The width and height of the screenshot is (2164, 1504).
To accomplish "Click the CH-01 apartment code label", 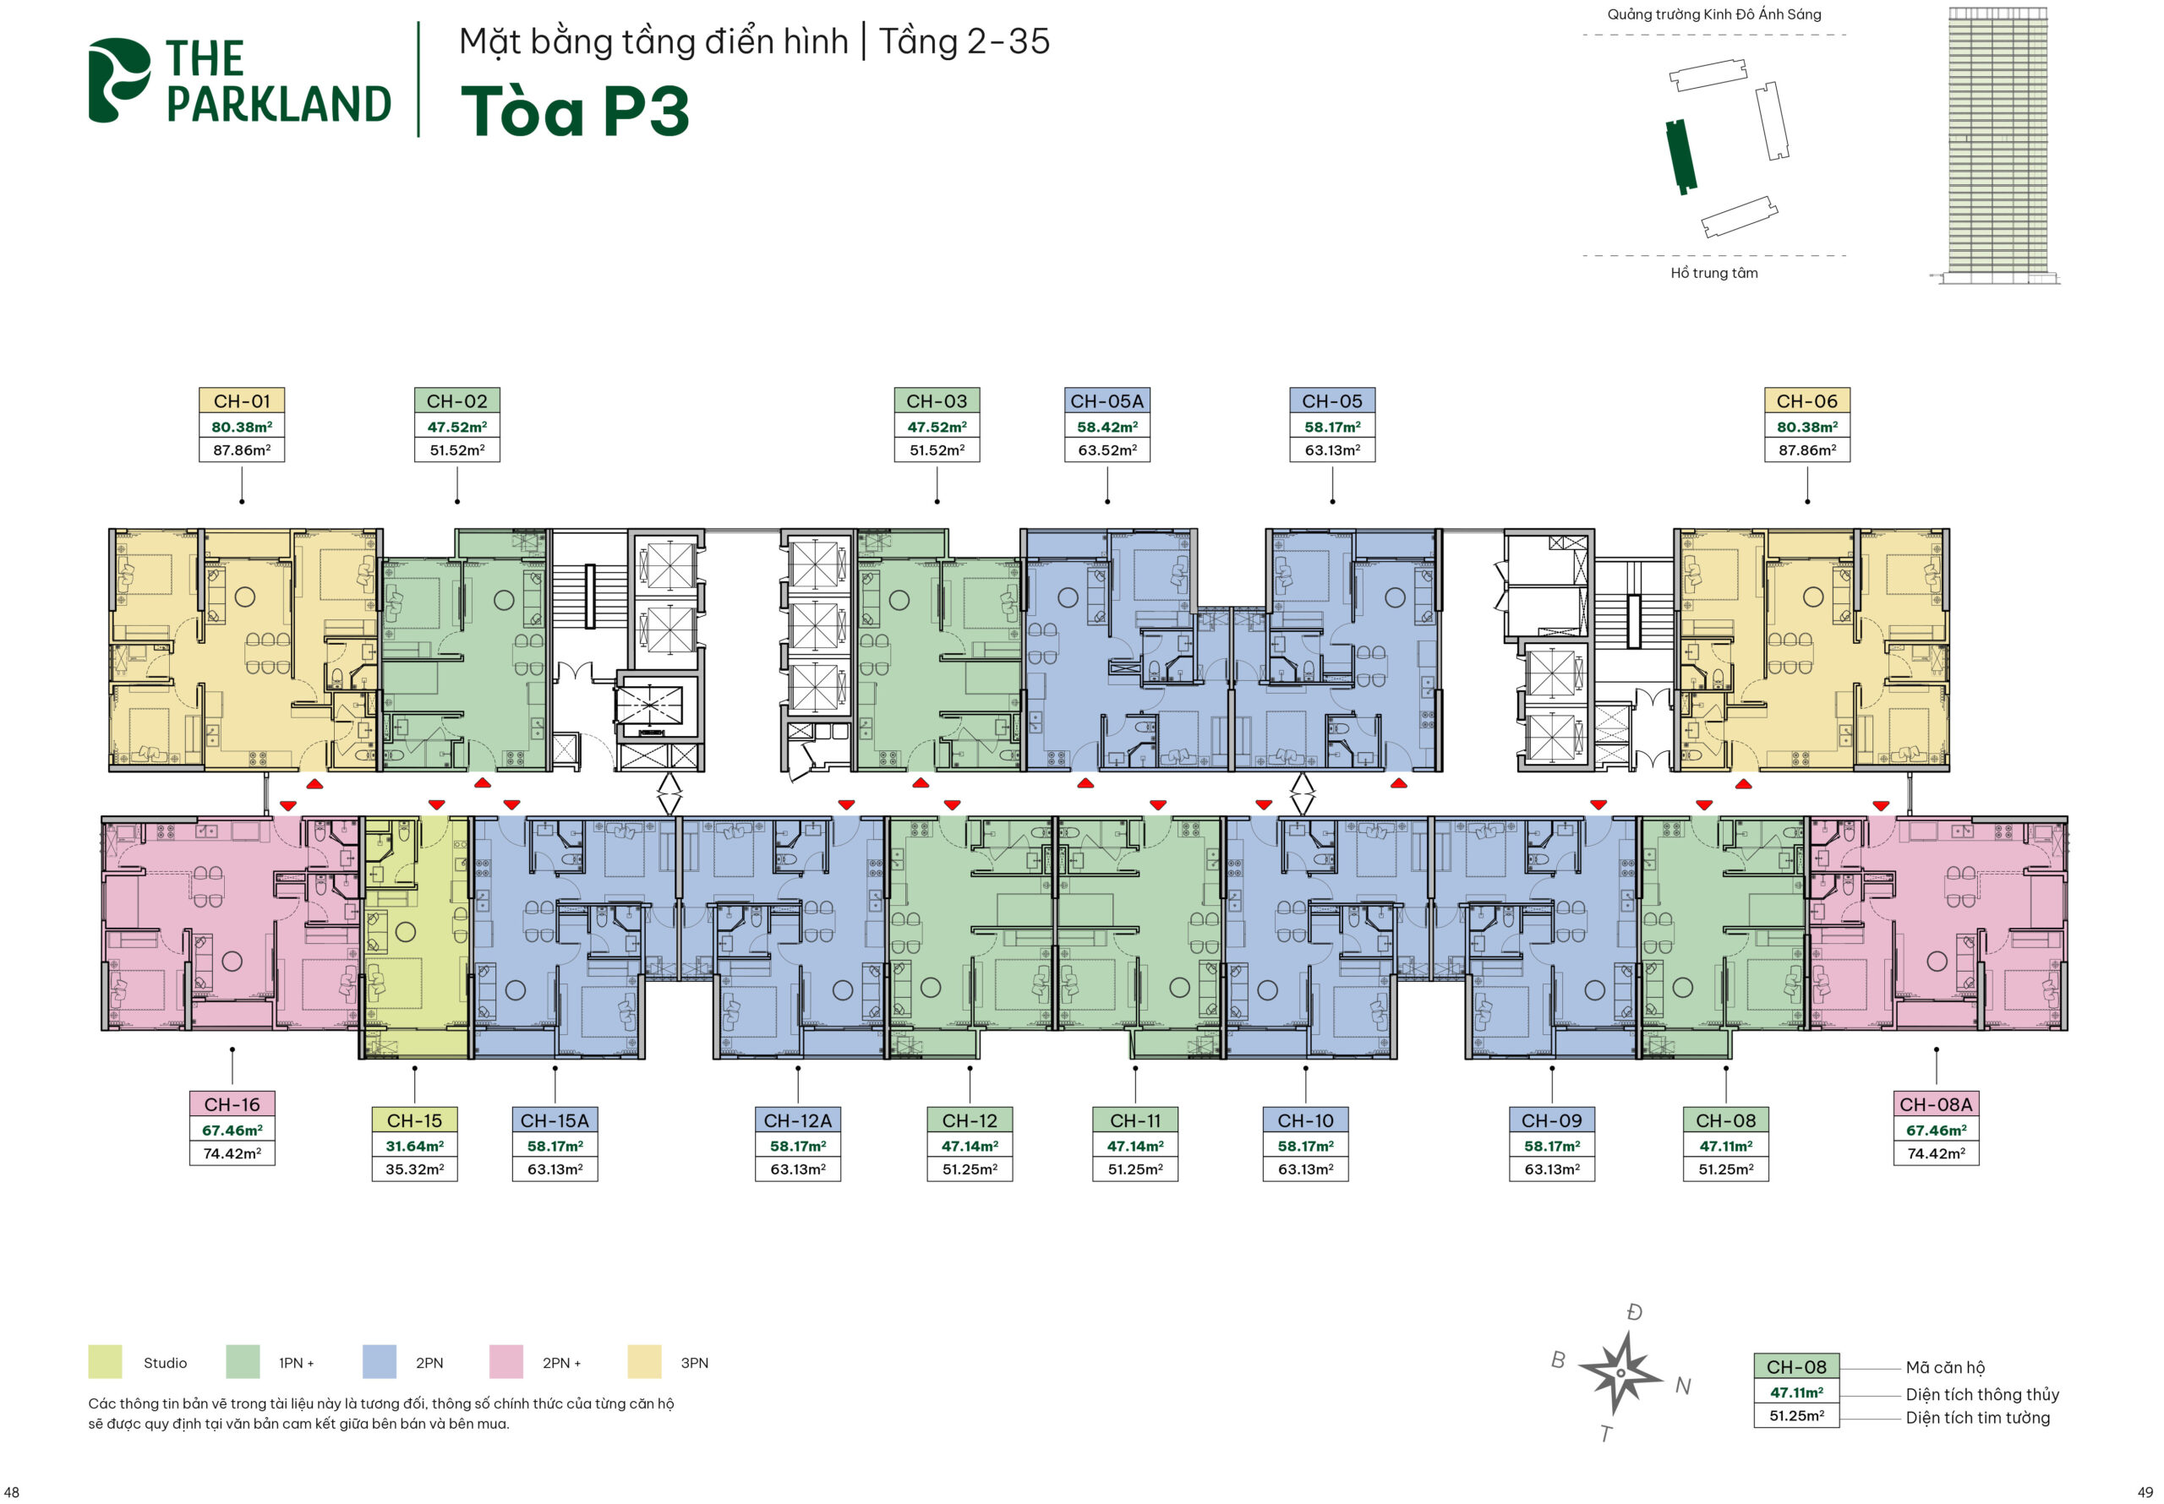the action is (243, 401).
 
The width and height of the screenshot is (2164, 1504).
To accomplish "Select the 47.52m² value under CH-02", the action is (457, 427).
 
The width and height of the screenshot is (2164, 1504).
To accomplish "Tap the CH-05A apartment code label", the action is (1107, 401).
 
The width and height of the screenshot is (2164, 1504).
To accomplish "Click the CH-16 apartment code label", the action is (232, 1104).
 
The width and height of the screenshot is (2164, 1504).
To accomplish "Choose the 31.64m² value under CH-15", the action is (415, 1146).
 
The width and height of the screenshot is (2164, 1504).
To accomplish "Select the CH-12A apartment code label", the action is (797, 1120).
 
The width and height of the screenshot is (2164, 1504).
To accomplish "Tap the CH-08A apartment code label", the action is (1936, 1104).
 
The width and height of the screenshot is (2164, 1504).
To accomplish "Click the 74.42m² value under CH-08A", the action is (1936, 1153).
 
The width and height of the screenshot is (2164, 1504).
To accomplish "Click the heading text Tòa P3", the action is (575, 112).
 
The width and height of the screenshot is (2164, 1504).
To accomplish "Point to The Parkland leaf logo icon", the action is (118, 80).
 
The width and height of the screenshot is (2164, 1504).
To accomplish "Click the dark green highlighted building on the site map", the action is (1680, 156).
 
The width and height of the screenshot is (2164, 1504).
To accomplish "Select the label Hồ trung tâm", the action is (1714, 273).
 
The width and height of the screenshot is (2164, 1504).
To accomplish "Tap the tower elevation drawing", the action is (1997, 145).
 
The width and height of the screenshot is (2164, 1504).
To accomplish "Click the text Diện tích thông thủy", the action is (1982, 1395).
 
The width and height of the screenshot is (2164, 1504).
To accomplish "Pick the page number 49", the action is (2145, 1492).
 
